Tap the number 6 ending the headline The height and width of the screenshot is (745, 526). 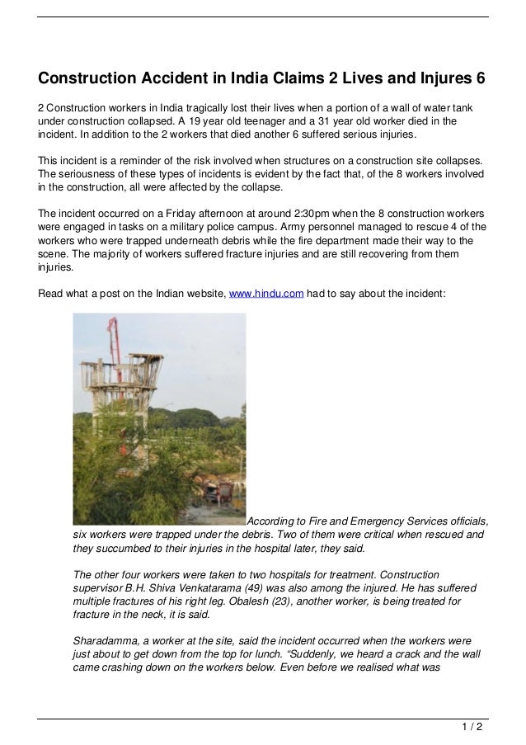(480, 79)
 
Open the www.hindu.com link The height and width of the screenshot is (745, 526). (266, 291)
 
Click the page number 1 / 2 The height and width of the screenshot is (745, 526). (472, 727)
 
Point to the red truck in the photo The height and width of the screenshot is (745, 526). (223, 491)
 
